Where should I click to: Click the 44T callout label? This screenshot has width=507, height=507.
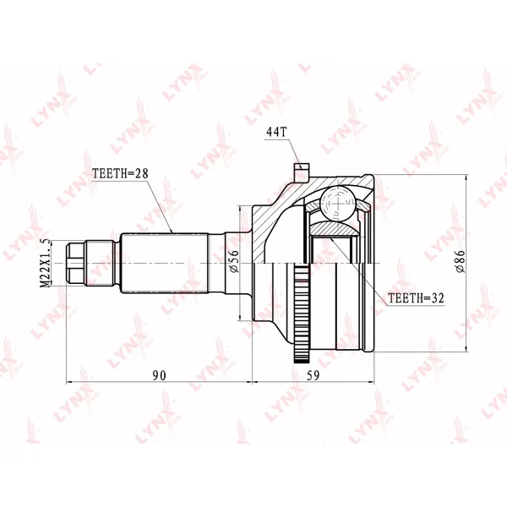(276, 132)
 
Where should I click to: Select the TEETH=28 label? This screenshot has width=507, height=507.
(120, 173)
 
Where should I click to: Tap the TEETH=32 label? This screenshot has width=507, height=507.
(416, 297)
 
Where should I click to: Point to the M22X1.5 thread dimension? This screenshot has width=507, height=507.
(45, 263)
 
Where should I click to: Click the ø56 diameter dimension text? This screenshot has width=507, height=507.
(234, 261)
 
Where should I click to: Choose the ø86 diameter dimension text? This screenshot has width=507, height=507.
(461, 262)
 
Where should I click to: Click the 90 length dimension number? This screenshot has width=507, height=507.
(159, 375)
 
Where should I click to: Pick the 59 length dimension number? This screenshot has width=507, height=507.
(313, 375)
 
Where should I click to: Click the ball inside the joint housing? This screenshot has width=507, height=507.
(337, 204)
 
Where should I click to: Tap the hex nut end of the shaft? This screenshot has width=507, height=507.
(76, 264)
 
